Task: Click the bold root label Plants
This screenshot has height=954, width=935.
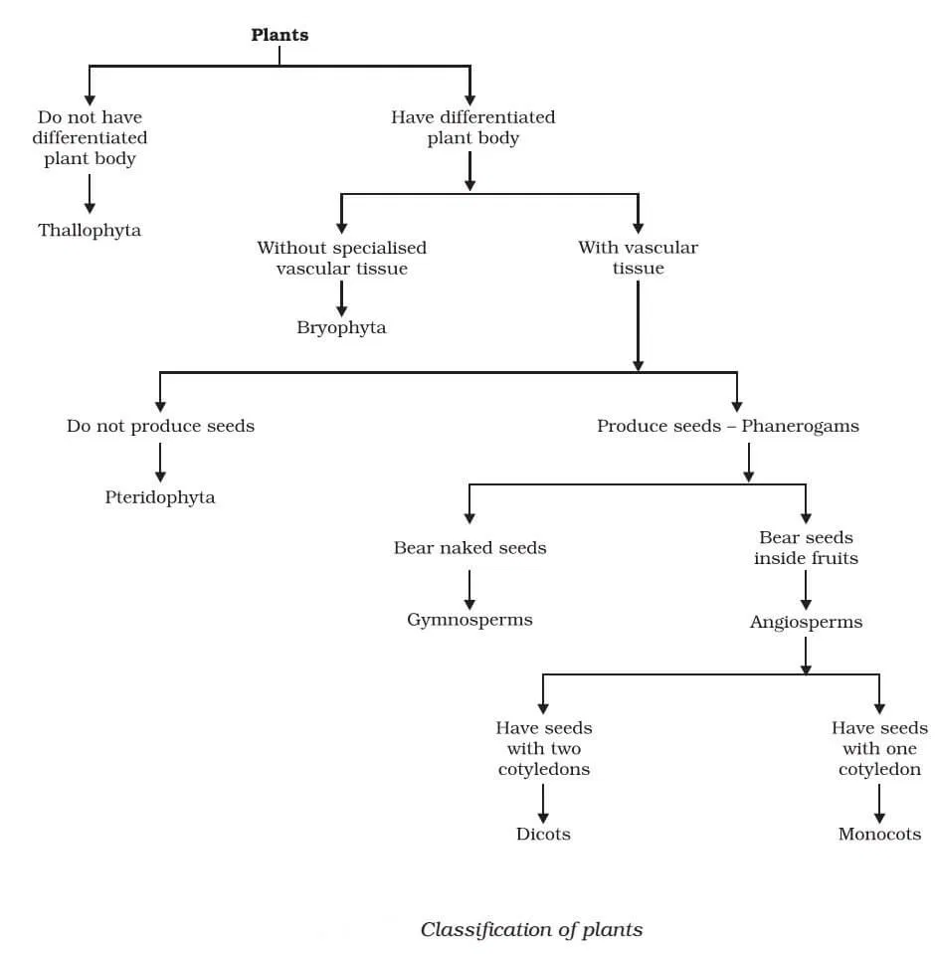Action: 280,36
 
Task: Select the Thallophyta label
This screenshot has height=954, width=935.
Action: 90,230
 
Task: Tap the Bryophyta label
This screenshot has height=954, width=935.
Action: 341,327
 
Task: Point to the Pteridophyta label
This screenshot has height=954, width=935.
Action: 160,497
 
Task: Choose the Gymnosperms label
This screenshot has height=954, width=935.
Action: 469,620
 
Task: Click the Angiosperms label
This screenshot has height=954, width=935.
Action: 806,623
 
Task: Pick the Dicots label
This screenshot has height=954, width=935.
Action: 543,835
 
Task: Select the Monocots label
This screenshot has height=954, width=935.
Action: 879,835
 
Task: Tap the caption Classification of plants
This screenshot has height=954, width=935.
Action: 531,930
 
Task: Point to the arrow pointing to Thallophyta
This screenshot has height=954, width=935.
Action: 90,193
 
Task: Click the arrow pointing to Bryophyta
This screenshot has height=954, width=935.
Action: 341,297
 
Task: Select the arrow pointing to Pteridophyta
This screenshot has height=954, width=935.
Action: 160,463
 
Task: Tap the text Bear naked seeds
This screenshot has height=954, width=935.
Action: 469,548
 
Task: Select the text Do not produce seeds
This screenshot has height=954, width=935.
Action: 160,426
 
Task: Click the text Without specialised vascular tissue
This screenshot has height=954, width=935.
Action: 341,258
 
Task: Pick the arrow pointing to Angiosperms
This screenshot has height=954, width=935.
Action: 806,590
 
